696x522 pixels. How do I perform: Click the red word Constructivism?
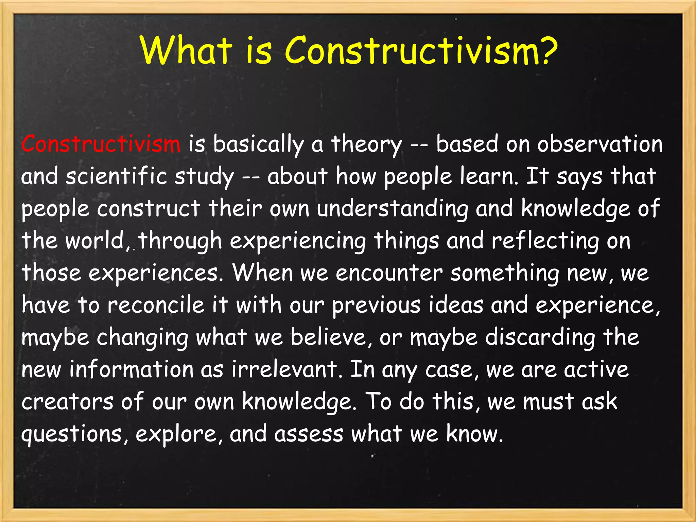tap(101, 144)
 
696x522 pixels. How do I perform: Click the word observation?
tap(600, 144)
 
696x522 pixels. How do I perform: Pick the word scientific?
tap(116, 176)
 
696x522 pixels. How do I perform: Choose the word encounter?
tap(389, 273)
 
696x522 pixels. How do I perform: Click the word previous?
tap(376, 306)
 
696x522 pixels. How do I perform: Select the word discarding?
tap(540, 338)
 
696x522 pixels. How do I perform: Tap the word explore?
tap(179, 435)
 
